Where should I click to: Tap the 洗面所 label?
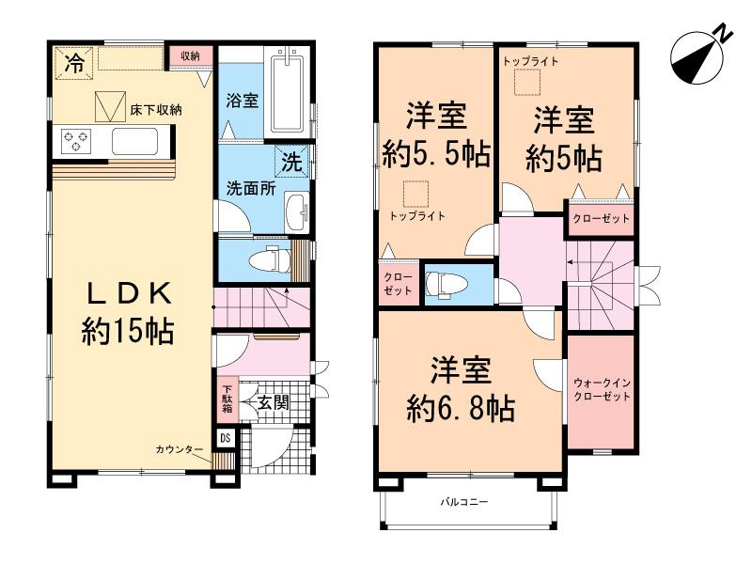(x=248, y=186)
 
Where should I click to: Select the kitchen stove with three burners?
(x=75, y=142)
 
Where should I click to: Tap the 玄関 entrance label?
(x=274, y=401)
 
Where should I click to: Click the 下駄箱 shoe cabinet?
(x=227, y=399)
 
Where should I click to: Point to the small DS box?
(x=226, y=437)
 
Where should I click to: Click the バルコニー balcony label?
(x=464, y=503)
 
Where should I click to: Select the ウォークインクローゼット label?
(x=603, y=389)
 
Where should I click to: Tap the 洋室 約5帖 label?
(x=563, y=139)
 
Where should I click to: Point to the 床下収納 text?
(x=155, y=110)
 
